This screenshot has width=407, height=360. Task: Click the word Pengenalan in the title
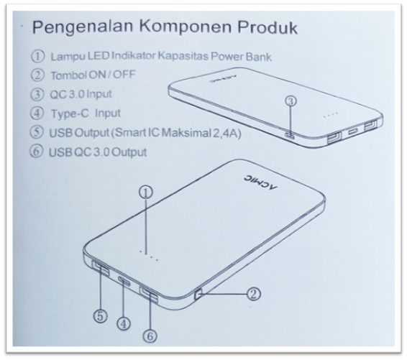pos(83,27)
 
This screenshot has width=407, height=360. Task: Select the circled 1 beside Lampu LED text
pos(38,56)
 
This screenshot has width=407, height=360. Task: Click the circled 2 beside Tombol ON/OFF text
pos(37,75)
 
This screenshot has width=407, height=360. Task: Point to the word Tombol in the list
pos(68,75)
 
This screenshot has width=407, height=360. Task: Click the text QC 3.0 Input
pos(81,94)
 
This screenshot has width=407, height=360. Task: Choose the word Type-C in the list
pos(70,114)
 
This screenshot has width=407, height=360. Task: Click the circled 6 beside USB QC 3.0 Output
pos(37,152)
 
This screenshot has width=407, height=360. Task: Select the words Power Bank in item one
pos(241,57)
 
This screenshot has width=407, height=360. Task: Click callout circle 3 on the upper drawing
pos(291,101)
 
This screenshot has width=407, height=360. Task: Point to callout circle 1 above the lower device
pos(147,192)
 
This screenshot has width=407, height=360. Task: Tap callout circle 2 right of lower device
pos(253,294)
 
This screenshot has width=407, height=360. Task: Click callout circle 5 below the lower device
pos(100,316)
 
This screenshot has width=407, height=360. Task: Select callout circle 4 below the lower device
pos(124,323)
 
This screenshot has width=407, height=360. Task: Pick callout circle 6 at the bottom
pos(150,336)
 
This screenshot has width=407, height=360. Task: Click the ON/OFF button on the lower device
pos(198,295)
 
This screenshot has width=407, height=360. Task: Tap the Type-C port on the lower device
pos(124,280)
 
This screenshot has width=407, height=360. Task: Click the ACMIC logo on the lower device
pos(260,183)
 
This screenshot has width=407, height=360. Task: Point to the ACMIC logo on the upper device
pos(223,79)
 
